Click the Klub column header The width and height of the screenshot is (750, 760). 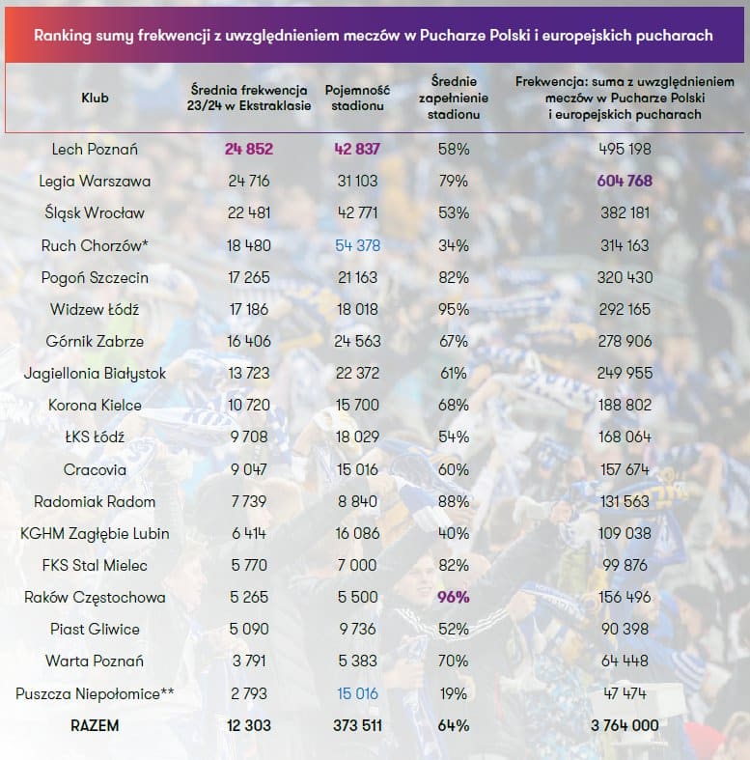[95, 98]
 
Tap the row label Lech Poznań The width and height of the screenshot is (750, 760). [95, 149]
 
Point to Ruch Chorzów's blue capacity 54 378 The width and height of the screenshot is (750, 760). [357, 245]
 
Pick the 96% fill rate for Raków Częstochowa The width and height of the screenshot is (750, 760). [453, 597]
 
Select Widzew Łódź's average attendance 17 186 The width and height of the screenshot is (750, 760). [248, 309]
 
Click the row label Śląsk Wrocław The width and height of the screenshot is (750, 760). [95, 212]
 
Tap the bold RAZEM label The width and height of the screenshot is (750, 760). [95, 725]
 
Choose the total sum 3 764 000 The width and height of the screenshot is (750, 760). [625, 725]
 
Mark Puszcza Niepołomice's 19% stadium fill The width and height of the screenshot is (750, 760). [453, 693]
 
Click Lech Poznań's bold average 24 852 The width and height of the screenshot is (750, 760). [248, 149]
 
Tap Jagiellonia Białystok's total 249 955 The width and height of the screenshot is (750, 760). [625, 373]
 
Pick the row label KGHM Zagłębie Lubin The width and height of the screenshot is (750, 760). [95, 533]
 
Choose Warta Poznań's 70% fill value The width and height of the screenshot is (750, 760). [453, 661]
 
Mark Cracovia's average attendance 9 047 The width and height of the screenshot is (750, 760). [248, 469]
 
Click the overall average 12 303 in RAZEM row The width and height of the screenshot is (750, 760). [248, 725]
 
